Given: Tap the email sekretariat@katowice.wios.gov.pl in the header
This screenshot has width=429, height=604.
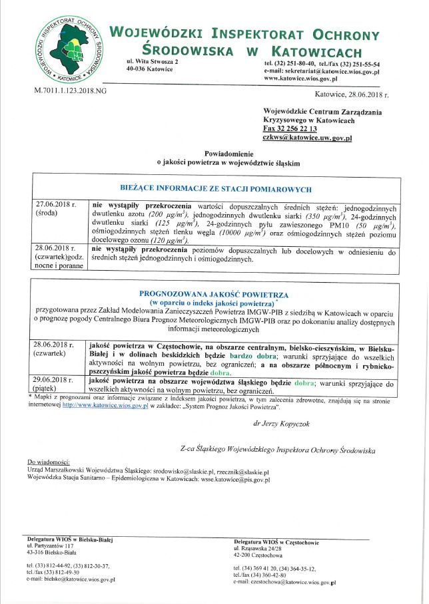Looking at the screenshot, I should [332, 71].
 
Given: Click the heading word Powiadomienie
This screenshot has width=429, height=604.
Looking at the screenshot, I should [228, 152].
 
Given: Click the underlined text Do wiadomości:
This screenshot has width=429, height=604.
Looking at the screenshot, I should [48, 462].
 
